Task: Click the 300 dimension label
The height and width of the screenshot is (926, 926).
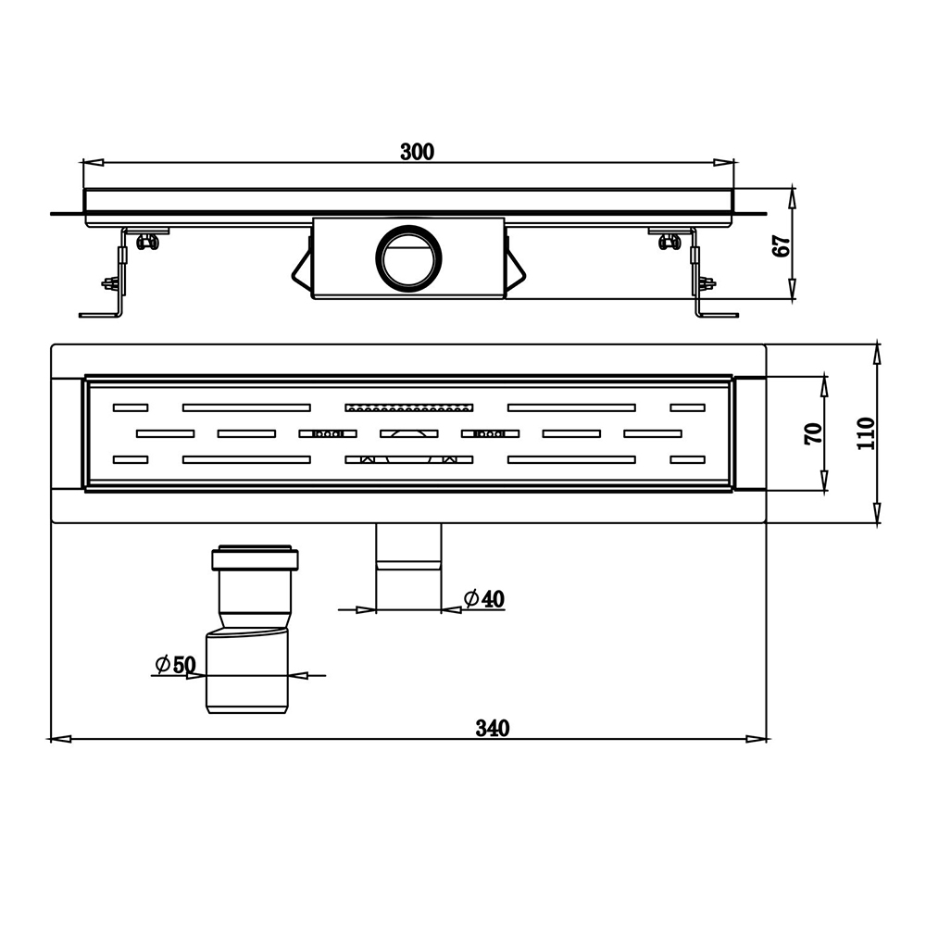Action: tap(417, 153)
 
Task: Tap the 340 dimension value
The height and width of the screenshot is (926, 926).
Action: tap(493, 728)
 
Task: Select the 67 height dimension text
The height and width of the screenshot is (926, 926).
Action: tap(782, 245)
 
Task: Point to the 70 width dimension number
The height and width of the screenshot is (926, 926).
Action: tap(813, 433)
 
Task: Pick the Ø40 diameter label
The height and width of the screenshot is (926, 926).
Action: tap(484, 599)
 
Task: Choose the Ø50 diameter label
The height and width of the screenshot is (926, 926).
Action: tap(175, 664)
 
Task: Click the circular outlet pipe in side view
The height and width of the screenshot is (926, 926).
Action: tap(408, 257)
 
